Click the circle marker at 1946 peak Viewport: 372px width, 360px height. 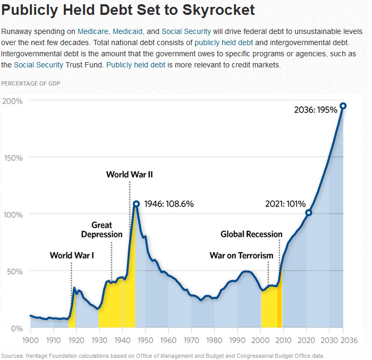point(137,204)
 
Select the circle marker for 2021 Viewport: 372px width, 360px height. point(309,213)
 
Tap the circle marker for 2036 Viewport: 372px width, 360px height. point(343,106)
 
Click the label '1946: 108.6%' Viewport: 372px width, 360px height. point(169,204)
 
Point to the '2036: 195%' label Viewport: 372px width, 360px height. point(316,110)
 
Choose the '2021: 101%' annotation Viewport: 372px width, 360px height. point(285,204)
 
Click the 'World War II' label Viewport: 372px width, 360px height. point(130,174)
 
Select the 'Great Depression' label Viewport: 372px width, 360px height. point(102,229)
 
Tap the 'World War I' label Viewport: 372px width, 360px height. point(72,255)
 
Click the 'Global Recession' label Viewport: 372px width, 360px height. point(251,234)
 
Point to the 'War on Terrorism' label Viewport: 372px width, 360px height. point(241,255)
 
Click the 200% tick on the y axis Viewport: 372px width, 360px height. point(12,101)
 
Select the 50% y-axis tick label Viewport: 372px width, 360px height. point(13,271)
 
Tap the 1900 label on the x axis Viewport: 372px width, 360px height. point(30,339)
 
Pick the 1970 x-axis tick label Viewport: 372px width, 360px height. point(191,339)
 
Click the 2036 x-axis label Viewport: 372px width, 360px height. point(343,339)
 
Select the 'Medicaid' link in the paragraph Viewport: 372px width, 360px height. point(128,31)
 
